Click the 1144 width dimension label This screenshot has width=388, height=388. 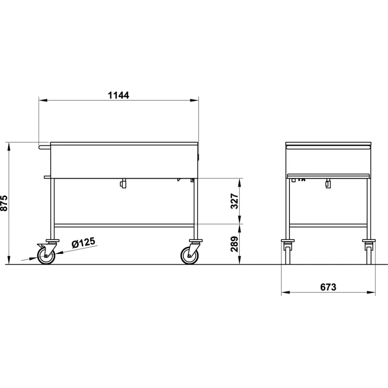tap(118, 95)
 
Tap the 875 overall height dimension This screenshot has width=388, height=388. tap(5, 203)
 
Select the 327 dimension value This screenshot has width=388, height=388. tap(235, 201)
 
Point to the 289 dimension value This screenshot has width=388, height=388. tap(235, 244)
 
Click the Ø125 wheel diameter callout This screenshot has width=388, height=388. tap(83, 243)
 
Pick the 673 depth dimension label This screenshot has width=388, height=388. tap(328, 288)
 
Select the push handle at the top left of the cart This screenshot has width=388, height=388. tap(44, 146)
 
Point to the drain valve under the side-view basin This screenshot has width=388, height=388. tap(123, 184)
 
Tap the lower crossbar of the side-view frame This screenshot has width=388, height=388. tap(124, 225)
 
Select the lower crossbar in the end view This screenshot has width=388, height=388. tap(328, 225)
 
